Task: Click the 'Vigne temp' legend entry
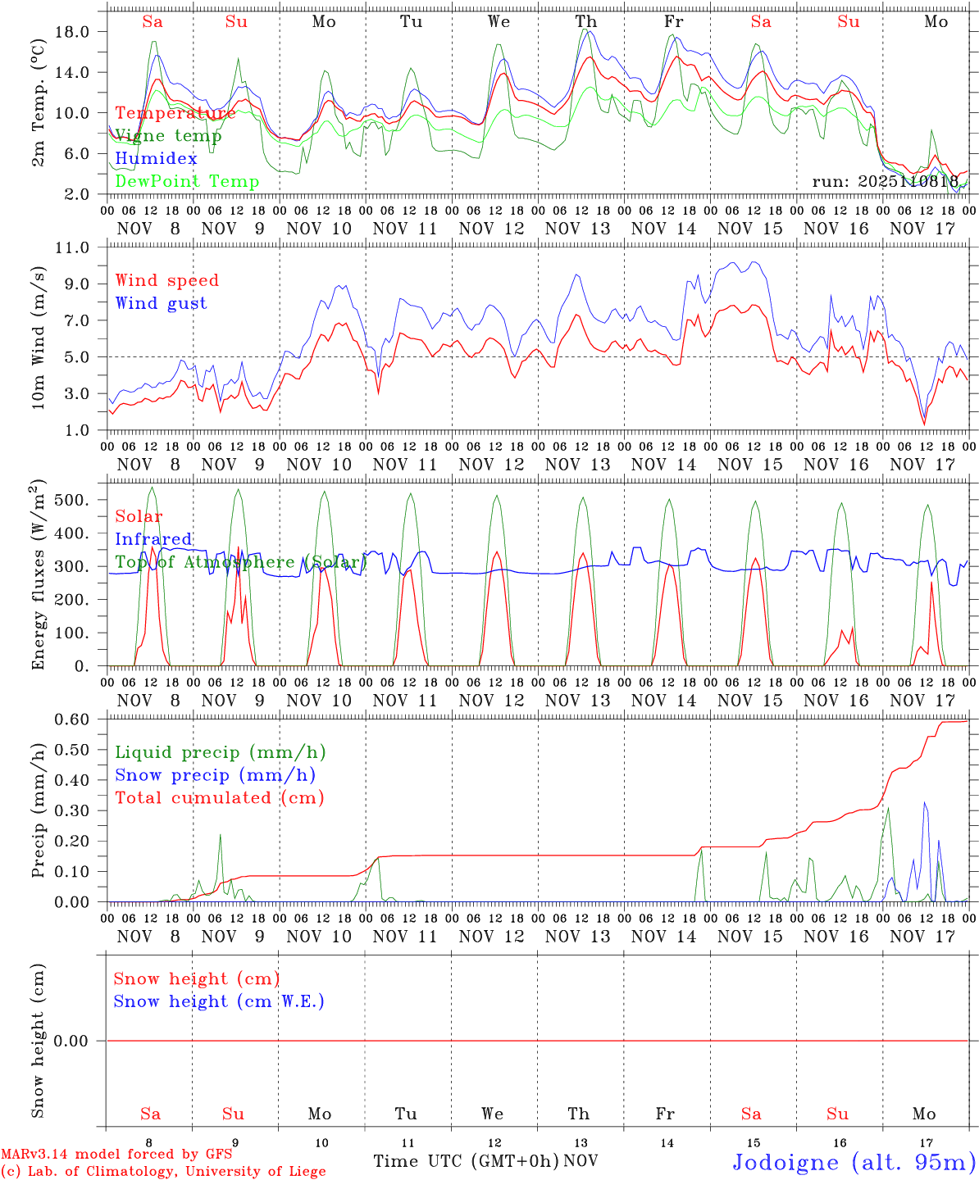click(168, 136)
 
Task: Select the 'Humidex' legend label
click(157, 158)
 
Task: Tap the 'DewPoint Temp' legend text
click(187, 181)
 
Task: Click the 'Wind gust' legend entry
click(161, 303)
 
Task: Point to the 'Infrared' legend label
click(154, 539)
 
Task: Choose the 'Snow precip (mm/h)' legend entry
click(215, 775)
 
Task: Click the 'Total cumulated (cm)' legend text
click(219, 797)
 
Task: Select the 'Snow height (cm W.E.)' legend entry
click(219, 1001)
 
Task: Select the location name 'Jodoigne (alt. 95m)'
click(854, 1162)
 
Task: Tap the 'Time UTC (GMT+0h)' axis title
click(466, 1161)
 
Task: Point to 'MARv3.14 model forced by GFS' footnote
click(116, 1155)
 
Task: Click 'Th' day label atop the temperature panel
click(585, 22)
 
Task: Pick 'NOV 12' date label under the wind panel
click(491, 465)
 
